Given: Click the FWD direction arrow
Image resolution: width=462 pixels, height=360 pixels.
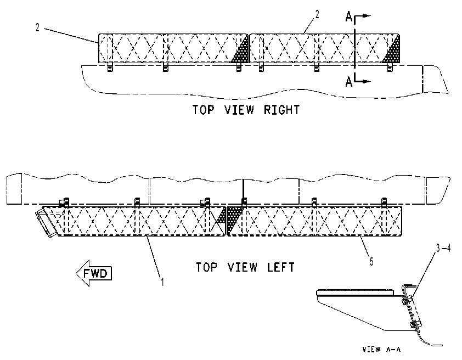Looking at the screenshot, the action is [x=94, y=273].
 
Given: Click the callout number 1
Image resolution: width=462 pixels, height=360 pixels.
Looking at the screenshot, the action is [x=162, y=282].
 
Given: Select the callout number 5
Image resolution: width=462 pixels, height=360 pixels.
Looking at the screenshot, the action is [x=371, y=261].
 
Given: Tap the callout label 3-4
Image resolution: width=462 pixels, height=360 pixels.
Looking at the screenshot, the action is [x=443, y=249].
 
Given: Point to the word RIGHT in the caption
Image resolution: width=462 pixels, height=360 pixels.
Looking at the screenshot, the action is [x=281, y=110].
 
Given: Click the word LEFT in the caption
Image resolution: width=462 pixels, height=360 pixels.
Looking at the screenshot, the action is [x=281, y=267].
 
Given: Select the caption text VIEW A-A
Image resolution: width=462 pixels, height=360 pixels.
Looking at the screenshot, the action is [x=381, y=350].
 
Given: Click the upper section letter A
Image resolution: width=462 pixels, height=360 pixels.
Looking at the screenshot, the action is [x=349, y=18].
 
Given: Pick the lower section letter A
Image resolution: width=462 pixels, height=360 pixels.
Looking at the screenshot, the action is [x=349, y=82].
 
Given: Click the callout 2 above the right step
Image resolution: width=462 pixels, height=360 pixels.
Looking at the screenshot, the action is [x=317, y=14].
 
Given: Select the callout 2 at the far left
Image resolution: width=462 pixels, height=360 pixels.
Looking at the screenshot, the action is [x=37, y=27].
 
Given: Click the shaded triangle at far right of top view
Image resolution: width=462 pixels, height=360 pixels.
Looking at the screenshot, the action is [x=392, y=50].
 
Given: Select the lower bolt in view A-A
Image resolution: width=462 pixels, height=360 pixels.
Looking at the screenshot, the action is [x=415, y=324].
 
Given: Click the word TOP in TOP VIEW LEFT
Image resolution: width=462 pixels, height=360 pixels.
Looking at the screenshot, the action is [x=206, y=267].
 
